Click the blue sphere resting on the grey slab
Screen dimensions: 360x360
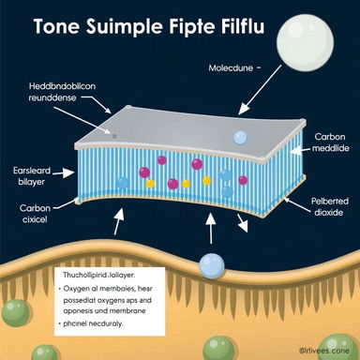click(x=240, y=138)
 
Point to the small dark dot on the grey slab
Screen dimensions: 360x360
click(x=114, y=135)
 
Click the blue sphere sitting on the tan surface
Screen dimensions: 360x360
click(x=212, y=264)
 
